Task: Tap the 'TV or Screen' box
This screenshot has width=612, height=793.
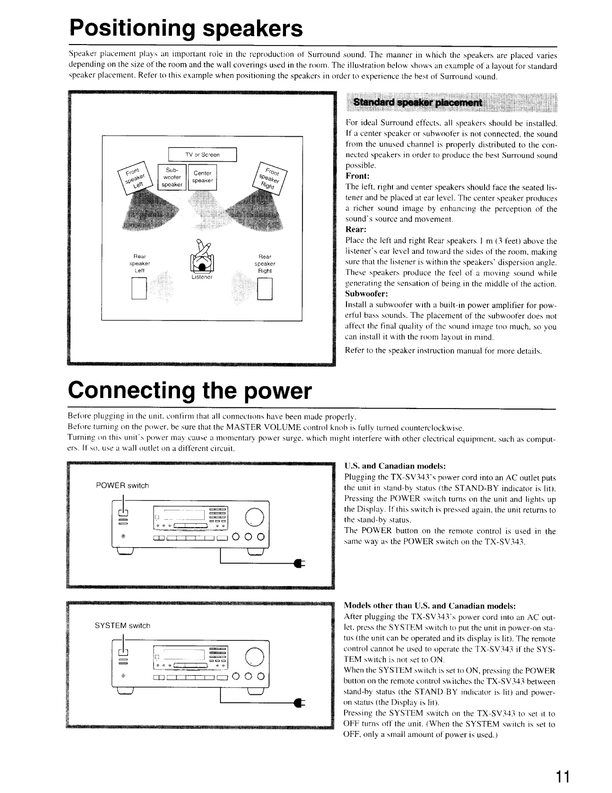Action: click(x=202, y=155)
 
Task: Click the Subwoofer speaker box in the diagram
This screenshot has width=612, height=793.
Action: click(x=171, y=177)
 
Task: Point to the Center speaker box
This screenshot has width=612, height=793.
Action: click(x=203, y=177)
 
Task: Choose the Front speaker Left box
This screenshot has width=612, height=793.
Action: click(x=133, y=177)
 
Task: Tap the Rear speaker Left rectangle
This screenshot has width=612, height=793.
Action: click(x=138, y=289)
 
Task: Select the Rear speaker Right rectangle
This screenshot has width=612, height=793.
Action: click(x=264, y=289)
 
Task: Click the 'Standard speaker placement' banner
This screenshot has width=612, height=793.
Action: click(x=417, y=103)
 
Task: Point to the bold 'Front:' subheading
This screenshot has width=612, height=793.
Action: click(x=357, y=176)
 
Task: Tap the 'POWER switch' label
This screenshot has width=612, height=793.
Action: click(x=122, y=485)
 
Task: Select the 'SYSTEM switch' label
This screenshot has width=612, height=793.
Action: click(x=122, y=625)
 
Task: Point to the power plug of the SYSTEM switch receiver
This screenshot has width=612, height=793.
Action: click(x=300, y=702)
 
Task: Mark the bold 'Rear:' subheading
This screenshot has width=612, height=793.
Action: click(x=356, y=230)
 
